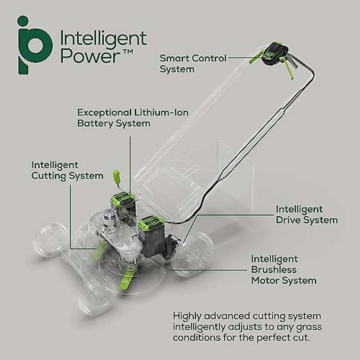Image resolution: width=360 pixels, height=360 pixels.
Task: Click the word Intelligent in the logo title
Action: pyautogui.click(x=103, y=39)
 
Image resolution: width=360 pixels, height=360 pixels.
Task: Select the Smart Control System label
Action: pyautogui.click(x=193, y=63)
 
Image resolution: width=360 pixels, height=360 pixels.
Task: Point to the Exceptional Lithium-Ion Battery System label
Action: pyautogui.click(x=133, y=118)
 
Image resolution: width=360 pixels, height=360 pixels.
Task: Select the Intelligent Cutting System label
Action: pyautogui.click(x=67, y=170)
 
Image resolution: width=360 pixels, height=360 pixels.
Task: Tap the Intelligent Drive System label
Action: pyautogui.click(x=307, y=214)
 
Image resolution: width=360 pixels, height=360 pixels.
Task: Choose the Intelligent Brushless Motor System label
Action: pyautogui.click(x=283, y=270)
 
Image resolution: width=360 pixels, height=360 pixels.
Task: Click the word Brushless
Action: pyautogui.click(x=274, y=270)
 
